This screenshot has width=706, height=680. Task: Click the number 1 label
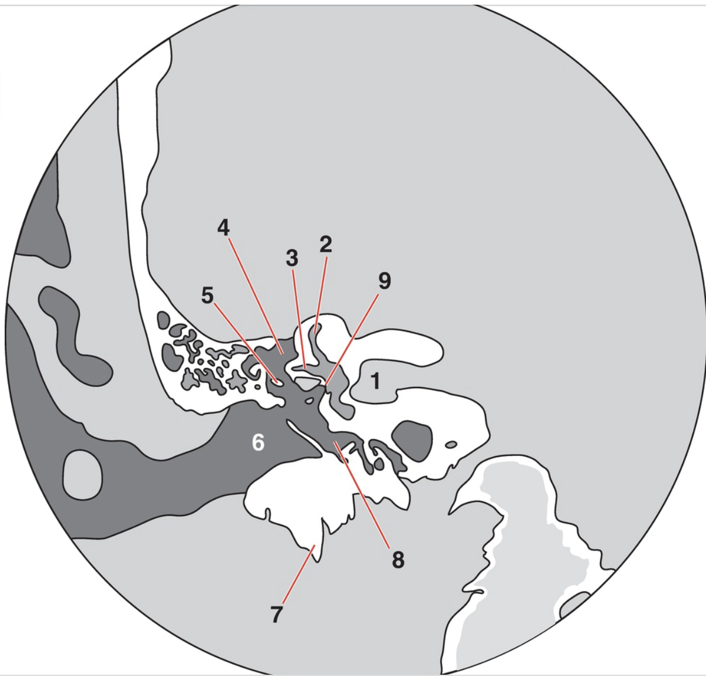click(x=376, y=381)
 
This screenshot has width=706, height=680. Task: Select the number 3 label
click(x=292, y=258)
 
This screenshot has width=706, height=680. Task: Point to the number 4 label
click(x=223, y=228)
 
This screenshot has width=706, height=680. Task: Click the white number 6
click(x=258, y=443)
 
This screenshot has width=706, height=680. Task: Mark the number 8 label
click(x=398, y=560)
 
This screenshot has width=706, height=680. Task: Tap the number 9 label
click(x=384, y=281)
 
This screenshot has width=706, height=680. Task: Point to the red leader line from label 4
click(x=256, y=296)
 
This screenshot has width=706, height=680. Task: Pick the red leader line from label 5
click(x=246, y=343)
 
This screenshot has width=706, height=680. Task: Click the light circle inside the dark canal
click(x=82, y=475)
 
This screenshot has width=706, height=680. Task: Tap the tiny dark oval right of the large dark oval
click(x=451, y=444)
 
